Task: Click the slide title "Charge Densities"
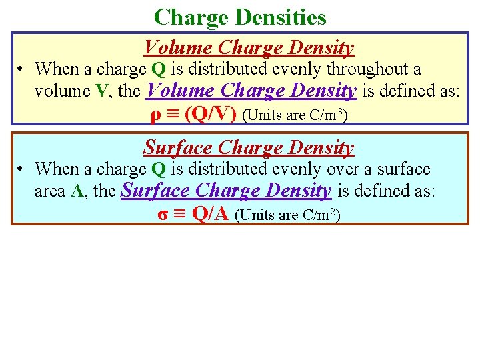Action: pyautogui.click(x=240, y=17)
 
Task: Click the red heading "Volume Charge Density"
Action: pyautogui.click(x=249, y=48)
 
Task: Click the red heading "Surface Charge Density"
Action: pyautogui.click(x=249, y=147)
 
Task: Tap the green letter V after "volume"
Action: pyautogui.click(x=101, y=91)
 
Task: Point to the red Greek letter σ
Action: pyautogui.click(x=163, y=215)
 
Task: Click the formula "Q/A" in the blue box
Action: pyautogui.click(x=211, y=215)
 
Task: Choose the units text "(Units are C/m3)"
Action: pyautogui.click(x=295, y=115)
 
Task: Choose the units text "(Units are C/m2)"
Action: pyautogui.click(x=288, y=215)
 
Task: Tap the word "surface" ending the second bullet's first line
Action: pyautogui.click(x=401, y=169)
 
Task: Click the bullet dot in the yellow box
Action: pyautogui.click(x=21, y=69)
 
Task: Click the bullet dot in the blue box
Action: pyautogui.click(x=21, y=170)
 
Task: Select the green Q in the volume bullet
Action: pyautogui.click(x=159, y=69)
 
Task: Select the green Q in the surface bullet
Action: pyautogui.click(x=159, y=169)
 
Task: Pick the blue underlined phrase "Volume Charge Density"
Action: pyautogui.click(x=251, y=90)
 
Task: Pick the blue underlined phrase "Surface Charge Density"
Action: pyautogui.click(x=226, y=191)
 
